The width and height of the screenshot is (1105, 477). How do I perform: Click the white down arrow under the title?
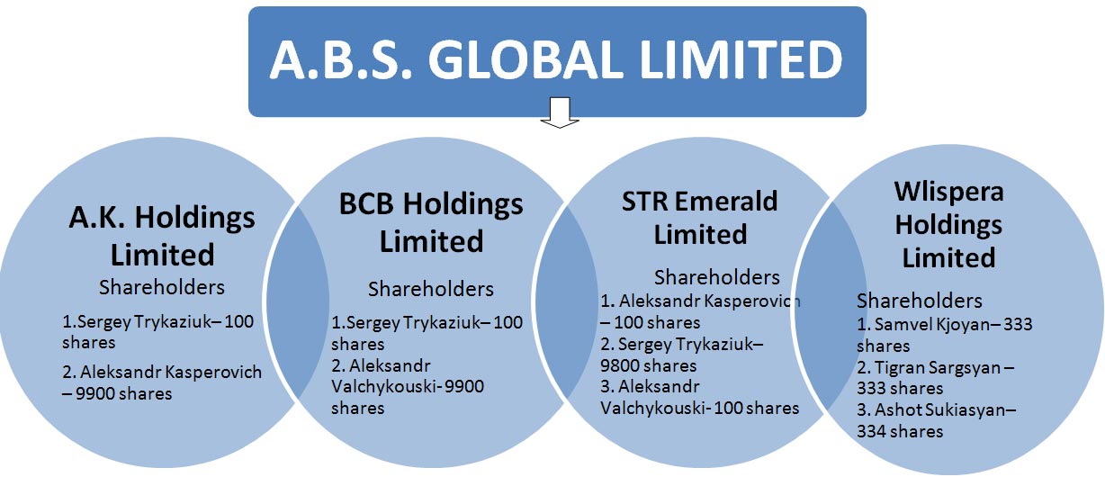(x=560, y=112)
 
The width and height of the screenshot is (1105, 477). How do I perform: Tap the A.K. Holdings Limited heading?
(x=162, y=236)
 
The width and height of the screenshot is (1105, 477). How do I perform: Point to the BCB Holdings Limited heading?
(x=431, y=222)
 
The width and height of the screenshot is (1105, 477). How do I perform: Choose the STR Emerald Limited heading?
(x=700, y=217)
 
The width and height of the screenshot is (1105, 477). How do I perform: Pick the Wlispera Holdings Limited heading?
(x=949, y=224)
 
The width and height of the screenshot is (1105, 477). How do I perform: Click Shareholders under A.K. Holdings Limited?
(x=162, y=287)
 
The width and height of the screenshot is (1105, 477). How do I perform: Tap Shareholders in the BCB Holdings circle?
(x=431, y=289)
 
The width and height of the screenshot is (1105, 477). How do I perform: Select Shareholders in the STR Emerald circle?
(x=717, y=278)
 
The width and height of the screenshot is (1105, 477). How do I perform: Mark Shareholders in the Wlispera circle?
(x=920, y=301)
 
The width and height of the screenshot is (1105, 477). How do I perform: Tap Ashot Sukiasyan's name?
(x=939, y=409)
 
